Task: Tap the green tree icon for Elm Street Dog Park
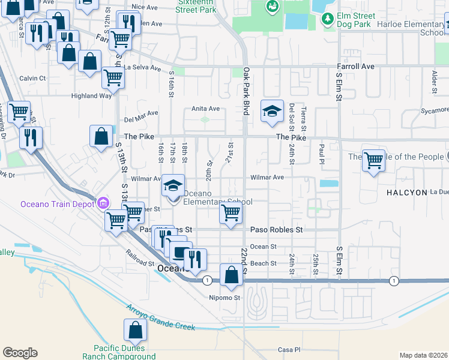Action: (327, 20)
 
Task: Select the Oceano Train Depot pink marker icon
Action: (104, 203)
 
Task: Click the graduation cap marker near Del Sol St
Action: (272, 110)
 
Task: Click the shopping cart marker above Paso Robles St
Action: (231, 212)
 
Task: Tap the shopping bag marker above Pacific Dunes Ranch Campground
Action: (135, 329)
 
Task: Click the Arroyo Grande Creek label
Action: (160, 318)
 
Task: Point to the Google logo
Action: (20, 353)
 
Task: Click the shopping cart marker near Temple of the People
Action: (373, 160)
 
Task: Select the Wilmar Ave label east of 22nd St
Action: (267, 178)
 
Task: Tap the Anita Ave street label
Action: (206, 109)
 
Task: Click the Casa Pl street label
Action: (288, 350)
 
